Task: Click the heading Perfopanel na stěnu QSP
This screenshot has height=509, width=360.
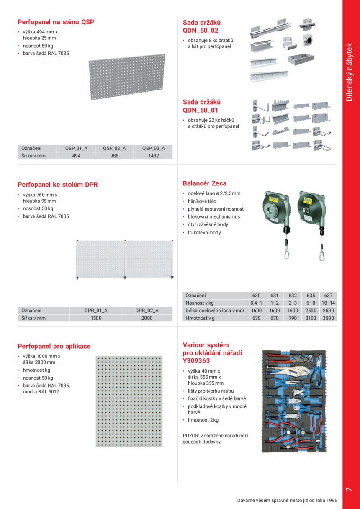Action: click(56, 22)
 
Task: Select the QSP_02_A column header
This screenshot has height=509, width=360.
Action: click(114, 148)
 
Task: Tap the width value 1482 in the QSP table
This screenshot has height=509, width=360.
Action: click(153, 156)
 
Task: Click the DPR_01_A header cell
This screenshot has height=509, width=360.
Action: click(95, 311)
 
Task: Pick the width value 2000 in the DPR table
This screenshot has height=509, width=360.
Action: click(147, 318)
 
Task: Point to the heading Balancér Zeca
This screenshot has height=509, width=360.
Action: click(204, 183)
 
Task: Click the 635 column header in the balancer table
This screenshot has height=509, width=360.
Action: click(310, 296)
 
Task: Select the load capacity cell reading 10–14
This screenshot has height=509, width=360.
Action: click(328, 303)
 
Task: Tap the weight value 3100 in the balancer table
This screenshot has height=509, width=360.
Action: click(310, 318)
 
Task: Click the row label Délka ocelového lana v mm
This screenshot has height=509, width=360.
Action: click(214, 311)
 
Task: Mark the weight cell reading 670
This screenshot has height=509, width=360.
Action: click(275, 318)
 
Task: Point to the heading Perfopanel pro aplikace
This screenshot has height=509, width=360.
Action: click(54, 346)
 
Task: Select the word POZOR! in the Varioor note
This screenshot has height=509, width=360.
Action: click(190, 435)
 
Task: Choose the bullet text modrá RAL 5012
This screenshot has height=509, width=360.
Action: click(41, 392)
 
